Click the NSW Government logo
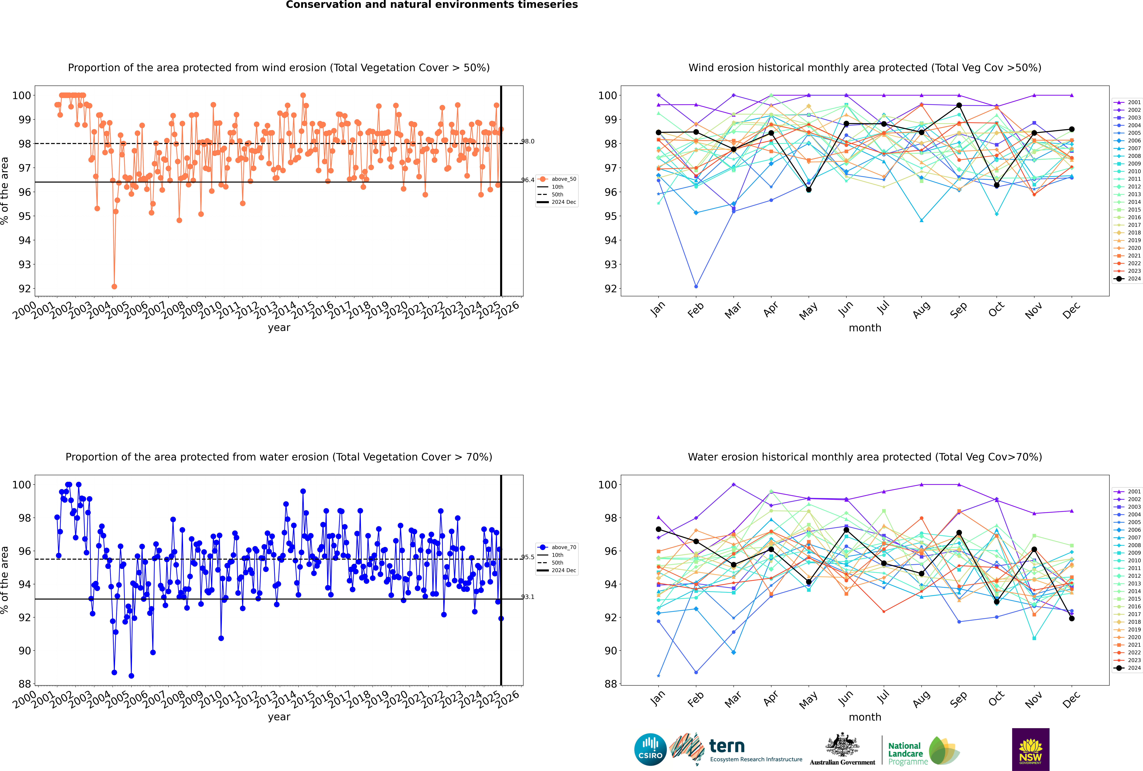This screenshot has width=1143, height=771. pyautogui.click(x=1030, y=749)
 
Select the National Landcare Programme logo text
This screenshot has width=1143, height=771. pyautogui.click(x=908, y=753)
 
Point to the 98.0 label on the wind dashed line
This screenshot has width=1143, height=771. pyautogui.click(x=528, y=142)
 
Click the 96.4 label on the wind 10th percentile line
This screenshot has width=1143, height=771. pyautogui.click(x=528, y=180)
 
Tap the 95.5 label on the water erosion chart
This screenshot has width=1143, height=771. pyautogui.click(x=528, y=557)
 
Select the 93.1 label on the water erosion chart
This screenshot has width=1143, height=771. pyautogui.click(x=528, y=597)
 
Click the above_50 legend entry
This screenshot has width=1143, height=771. pyautogui.click(x=557, y=179)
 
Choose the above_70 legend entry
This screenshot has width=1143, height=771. pyautogui.click(x=557, y=547)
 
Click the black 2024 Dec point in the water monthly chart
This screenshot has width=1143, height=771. pyautogui.click(x=1072, y=619)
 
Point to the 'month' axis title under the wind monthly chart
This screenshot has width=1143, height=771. pyautogui.click(x=865, y=328)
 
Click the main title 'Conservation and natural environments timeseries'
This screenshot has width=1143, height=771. pyautogui.click(x=432, y=5)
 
